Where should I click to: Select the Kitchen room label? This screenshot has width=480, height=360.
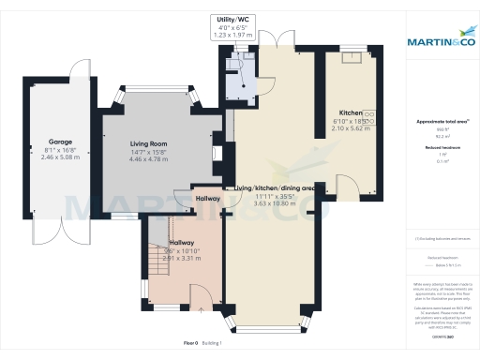point(351,111)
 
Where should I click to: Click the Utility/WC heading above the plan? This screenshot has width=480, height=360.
point(233,19)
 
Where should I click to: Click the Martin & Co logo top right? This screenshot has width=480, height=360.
point(441,41)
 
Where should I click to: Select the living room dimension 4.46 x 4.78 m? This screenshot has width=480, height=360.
point(147,159)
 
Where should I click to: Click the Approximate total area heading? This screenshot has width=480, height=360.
point(442,122)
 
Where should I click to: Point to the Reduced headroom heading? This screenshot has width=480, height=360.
point(442,147)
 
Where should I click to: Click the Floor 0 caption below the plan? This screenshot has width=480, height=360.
point(190,345)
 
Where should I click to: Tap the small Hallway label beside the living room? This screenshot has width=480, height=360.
point(207,199)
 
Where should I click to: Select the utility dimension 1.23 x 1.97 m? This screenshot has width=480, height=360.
point(233,36)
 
